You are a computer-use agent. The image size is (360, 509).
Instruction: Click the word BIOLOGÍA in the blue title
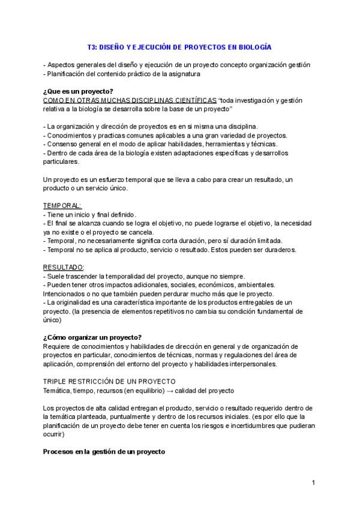[255, 46]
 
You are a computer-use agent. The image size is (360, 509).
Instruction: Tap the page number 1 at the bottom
[314, 483]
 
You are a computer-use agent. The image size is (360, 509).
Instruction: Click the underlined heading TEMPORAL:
[62, 205]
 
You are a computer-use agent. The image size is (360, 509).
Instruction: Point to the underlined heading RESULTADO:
[64, 267]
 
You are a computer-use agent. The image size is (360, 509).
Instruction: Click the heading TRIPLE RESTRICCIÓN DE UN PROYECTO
[109, 382]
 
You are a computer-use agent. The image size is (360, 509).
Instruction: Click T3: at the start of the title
[92, 46]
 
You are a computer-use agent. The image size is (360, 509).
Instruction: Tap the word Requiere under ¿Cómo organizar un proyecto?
[59, 346]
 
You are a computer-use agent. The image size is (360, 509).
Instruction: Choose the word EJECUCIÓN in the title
[157, 46]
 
